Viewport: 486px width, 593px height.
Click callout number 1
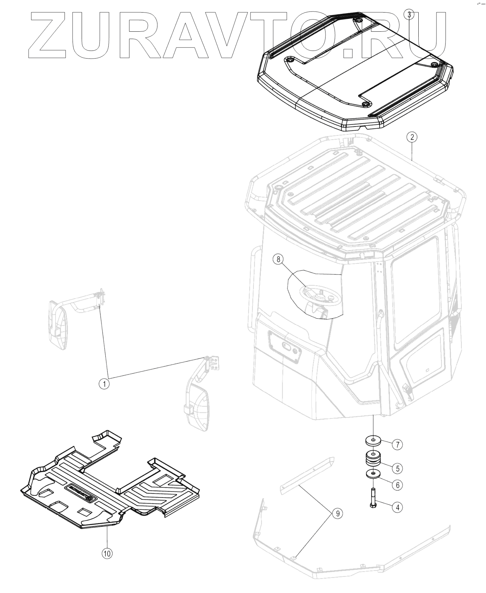point(104,384)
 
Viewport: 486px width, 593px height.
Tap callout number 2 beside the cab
point(412,137)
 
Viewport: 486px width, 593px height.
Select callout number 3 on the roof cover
point(409,15)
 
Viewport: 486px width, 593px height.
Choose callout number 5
point(397,468)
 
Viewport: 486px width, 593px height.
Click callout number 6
point(397,485)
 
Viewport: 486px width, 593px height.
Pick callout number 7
point(397,444)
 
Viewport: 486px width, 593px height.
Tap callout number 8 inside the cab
point(278,259)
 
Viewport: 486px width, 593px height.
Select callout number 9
point(337,513)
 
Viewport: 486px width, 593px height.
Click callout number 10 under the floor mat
point(107,553)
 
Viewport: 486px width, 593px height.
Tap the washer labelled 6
point(373,474)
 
